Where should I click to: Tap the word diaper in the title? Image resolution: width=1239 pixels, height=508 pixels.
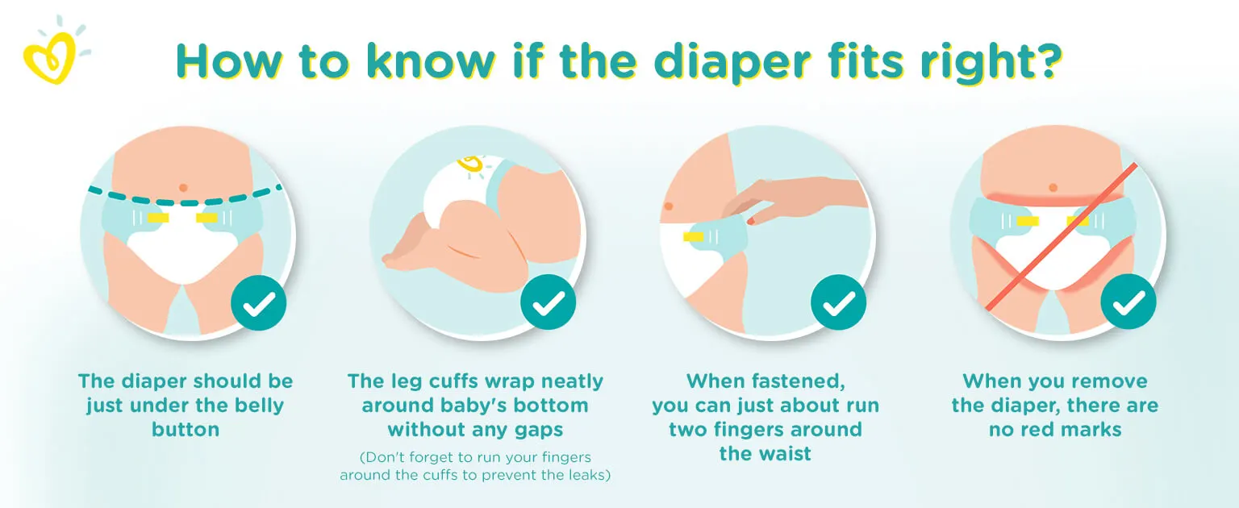(732, 63)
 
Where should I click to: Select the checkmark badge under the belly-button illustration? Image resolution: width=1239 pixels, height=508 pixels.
(258, 303)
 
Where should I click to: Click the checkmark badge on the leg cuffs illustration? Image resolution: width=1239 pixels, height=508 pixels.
(549, 302)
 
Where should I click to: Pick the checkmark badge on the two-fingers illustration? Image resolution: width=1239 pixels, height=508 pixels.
(839, 302)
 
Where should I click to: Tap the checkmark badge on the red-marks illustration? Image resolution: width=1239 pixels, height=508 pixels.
(1128, 302)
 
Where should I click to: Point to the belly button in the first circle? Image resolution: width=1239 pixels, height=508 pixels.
(184, 188)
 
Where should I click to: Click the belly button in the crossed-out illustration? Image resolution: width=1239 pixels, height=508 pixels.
(1053, 188)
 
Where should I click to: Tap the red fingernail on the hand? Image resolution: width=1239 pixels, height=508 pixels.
(751, 221)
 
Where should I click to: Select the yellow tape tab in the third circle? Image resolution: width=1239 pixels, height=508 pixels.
(694, 236)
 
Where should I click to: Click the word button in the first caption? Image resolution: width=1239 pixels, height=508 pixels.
(186, 430)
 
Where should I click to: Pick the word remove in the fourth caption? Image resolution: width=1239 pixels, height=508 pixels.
(1110, 381)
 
